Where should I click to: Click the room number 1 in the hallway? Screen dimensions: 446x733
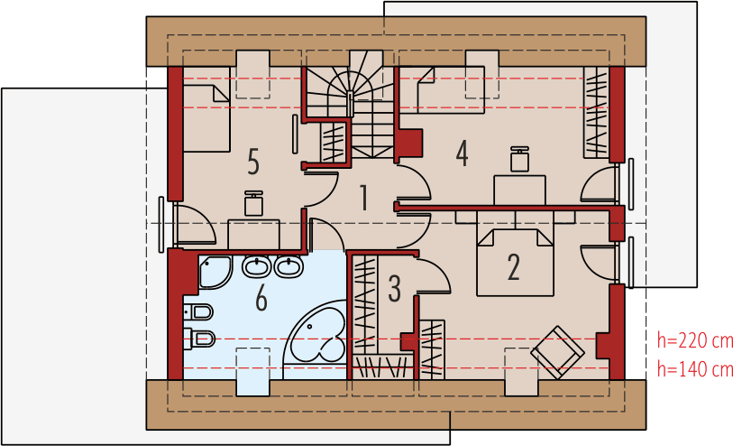363,197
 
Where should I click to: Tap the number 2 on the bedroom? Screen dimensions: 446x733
513,266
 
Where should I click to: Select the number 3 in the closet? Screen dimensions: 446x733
394,289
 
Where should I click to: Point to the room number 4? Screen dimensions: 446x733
462,153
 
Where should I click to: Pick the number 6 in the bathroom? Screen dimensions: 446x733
261,297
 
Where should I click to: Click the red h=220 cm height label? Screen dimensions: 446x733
693,341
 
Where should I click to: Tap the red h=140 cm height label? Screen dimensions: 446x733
693,368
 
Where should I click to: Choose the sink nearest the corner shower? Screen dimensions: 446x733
255,267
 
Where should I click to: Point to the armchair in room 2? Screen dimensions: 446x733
557,350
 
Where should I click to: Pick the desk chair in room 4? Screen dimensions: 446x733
519,160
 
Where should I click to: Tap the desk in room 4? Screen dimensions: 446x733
520,190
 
